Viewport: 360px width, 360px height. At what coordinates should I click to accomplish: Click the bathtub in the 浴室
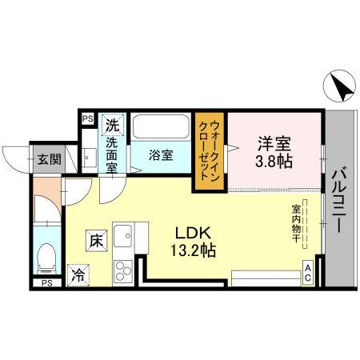163,126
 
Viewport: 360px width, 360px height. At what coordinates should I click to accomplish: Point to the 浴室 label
161,155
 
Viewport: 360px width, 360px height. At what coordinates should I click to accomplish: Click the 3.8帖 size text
274,162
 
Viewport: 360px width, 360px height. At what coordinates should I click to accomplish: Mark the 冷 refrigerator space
78,273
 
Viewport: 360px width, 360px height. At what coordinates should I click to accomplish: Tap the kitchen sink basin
124,237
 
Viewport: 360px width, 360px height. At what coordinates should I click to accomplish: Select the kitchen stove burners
124,266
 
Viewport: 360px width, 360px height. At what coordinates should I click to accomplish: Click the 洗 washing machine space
112,126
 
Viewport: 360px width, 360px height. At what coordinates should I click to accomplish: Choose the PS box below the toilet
46,282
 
